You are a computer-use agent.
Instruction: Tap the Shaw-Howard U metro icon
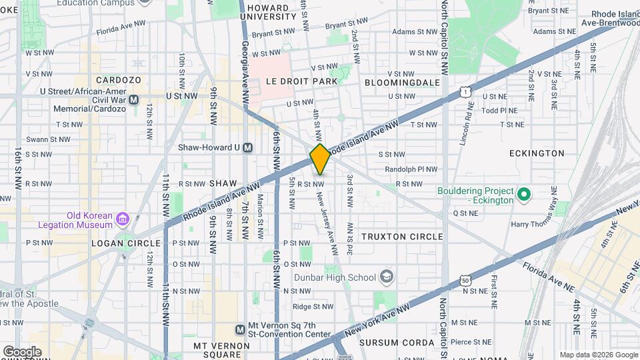(x=247, y=147)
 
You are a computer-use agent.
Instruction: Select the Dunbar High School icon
(x=386, y=277)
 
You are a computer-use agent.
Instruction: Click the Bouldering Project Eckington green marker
(x=524, y=195)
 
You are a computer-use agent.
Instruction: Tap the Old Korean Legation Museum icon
(x=122, y=219)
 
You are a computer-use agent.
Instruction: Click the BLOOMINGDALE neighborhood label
(x=402, y=82)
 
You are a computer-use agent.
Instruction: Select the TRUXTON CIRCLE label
(x=402, y=237)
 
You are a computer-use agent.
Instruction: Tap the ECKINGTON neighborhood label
(x=537, y=153)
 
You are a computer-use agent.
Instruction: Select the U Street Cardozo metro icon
(x=133, y=99)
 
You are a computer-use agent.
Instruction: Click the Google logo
(x=22, y=351)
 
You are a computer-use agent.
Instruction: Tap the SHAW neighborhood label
(x=223, y=183)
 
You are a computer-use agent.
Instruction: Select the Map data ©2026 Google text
(x=598, y=355)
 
